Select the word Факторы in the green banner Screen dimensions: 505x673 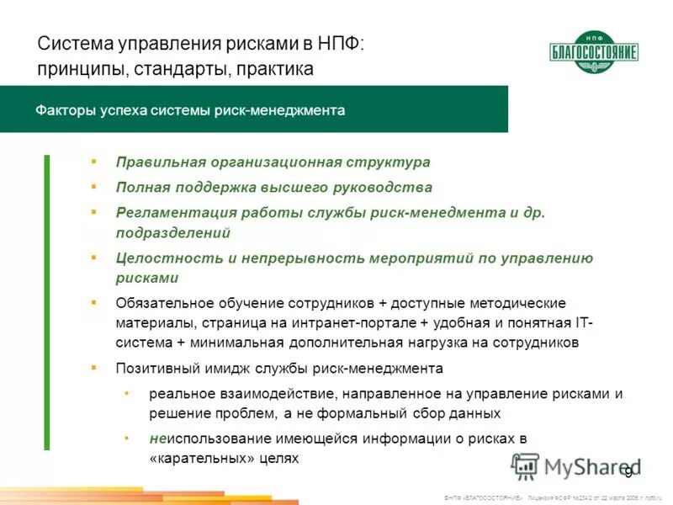pyautogui.click(x=66, y=110)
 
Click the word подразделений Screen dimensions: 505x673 pyautogui.click(x=172, y=232)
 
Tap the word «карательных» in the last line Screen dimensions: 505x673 pyautogui.click(x=189, y=459)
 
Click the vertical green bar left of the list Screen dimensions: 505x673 pyautogui.click(x=46, y=303)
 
